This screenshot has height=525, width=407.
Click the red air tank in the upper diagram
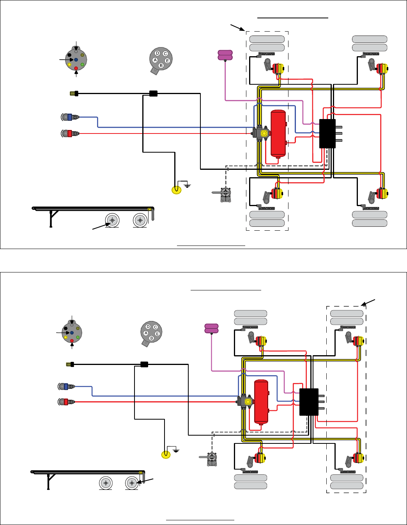pyautogui.click(x=278, y=134)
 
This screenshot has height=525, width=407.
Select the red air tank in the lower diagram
pyautogui.click(x=261, y=402)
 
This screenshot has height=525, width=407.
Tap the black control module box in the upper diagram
pyautogui.click(x=327, y=133)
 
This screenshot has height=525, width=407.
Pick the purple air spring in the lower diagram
pyautogui.click(x=212, y=329)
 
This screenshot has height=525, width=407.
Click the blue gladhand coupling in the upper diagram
pyautogui.click(x=70, y=117)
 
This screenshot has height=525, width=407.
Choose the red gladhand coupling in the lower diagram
pyautogui.click(x=66, y=401)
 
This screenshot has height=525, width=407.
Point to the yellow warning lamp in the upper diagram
pyautogui.click(x=177, y=190)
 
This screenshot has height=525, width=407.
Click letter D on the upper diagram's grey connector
pyautogui.click(x=157, y=53)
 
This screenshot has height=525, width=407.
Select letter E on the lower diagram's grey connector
pyautogui.click(x=157, y=334)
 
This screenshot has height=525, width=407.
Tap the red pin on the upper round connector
pyautogui.click(x=76, y=68)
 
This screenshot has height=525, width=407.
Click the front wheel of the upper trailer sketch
pyautogui.click(x=112, y=221)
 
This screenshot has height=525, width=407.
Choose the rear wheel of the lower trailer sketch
pyautogui.click(x=132, y=483)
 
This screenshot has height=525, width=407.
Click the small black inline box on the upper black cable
pyautogui.click(x=154, y=93)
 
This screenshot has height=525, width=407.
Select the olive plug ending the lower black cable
pyautogui.click(x=69, y=364)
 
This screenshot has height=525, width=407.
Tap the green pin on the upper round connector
pyautogui.click(x=82, y=64)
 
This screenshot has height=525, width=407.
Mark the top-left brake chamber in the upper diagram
pyautogui.click(x=278, y=69)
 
